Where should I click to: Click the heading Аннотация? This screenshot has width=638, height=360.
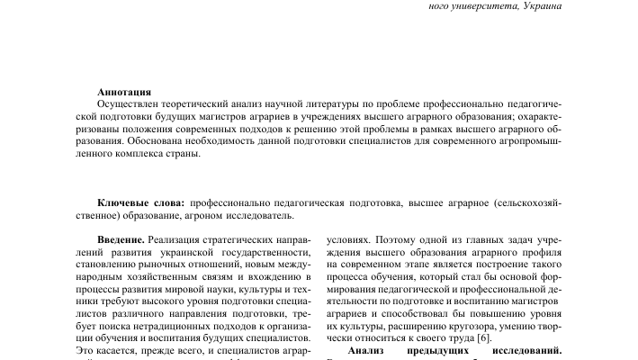pos(124,91)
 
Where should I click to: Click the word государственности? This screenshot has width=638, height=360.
pos(267,254)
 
